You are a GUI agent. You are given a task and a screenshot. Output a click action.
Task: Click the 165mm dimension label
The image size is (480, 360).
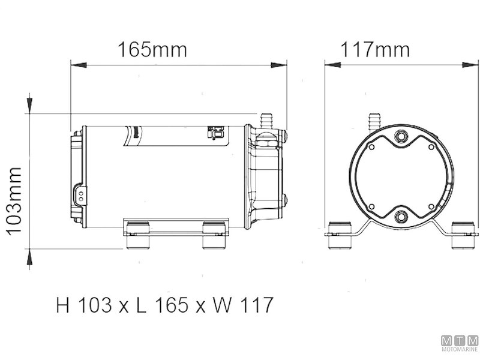152,50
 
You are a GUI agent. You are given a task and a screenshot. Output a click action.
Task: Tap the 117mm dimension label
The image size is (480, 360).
375,50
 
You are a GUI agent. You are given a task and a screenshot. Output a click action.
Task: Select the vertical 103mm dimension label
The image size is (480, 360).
14,202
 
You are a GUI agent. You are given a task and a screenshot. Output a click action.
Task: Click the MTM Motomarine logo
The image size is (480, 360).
460,343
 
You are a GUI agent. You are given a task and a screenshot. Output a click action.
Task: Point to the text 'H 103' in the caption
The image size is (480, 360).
84,305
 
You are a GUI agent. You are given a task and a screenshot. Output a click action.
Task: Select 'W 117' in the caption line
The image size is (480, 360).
242,305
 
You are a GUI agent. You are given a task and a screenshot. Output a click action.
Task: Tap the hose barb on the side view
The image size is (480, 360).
266,121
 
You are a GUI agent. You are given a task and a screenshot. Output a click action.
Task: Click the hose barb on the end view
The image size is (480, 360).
374,122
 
